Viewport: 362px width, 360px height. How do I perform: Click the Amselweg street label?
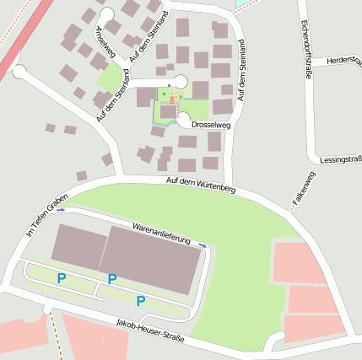pyautogui.click(x=107, y=41)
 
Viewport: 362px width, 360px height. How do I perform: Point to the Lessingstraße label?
pyautogui.click(x=341, y=159)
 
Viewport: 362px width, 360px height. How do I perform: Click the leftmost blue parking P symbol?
pyautogui.click(x=61, y=277)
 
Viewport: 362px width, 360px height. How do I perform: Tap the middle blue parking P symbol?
pyautogui.click(x=112, y=279)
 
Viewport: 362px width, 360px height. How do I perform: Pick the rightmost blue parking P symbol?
pyautogui.click(x=141, y=301)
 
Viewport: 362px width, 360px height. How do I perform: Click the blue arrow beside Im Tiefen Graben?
pyautogui.click(x=61, y=209)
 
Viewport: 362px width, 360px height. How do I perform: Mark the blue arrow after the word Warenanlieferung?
pyautogui.click(x=203, y=244)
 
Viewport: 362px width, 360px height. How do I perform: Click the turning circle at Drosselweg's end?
pyautogui.click(x=184, y=121)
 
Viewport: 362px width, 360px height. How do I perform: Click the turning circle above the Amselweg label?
pyautogui.click(x=106, y=14)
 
